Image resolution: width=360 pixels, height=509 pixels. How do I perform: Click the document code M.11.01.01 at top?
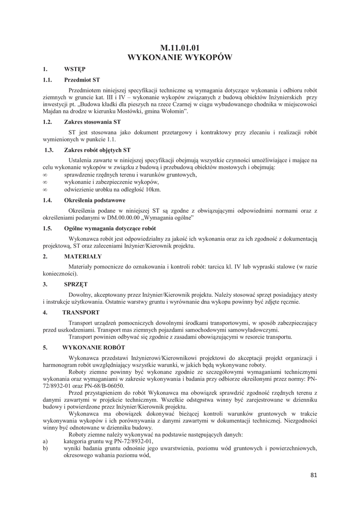(180, 48)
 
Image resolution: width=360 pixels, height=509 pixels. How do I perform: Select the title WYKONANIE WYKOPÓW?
(180, 58)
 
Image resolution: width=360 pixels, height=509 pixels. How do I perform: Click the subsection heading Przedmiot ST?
(82, 80)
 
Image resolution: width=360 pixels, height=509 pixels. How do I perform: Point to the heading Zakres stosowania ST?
(92, 121)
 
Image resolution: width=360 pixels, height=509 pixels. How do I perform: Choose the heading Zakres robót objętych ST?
(97, 150)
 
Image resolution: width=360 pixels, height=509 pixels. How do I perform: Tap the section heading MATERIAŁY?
(83, 256)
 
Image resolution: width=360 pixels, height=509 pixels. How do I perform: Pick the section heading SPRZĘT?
(76, 284)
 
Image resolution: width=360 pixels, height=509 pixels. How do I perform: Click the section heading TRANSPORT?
(81, 312)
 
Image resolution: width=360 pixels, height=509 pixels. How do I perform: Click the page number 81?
(313, 475)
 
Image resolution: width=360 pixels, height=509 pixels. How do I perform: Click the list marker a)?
(45, 441)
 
